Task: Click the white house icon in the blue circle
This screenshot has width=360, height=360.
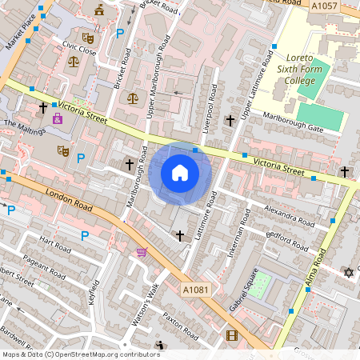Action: (180, 173)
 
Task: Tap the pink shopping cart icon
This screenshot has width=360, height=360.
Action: (142, 252)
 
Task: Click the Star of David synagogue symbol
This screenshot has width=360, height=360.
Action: (348, 273)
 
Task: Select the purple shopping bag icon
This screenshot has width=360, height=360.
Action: (57, 118)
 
